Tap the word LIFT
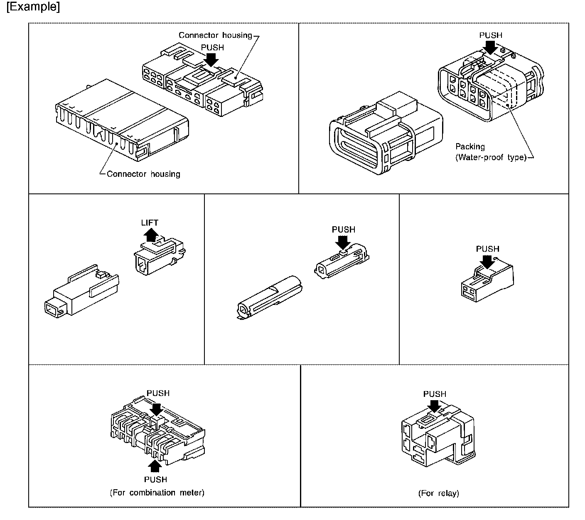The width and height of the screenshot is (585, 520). (x=150, y=223)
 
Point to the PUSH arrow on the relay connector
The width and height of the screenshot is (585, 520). (x=435, y=406)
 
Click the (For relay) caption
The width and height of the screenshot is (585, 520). (x=438, y=493)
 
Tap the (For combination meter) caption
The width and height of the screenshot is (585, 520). (x=157, y=493)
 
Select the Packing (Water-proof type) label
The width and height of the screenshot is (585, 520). (x=490, y=152)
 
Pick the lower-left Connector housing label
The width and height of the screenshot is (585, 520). (x=143, y=174)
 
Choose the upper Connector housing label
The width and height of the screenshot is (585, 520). (x=215, y=35)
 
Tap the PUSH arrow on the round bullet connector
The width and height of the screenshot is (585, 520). (x=344, y=242)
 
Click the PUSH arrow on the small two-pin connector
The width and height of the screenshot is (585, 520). (x=487, y=261)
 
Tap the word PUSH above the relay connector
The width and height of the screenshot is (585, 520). (x=435, y=394)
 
